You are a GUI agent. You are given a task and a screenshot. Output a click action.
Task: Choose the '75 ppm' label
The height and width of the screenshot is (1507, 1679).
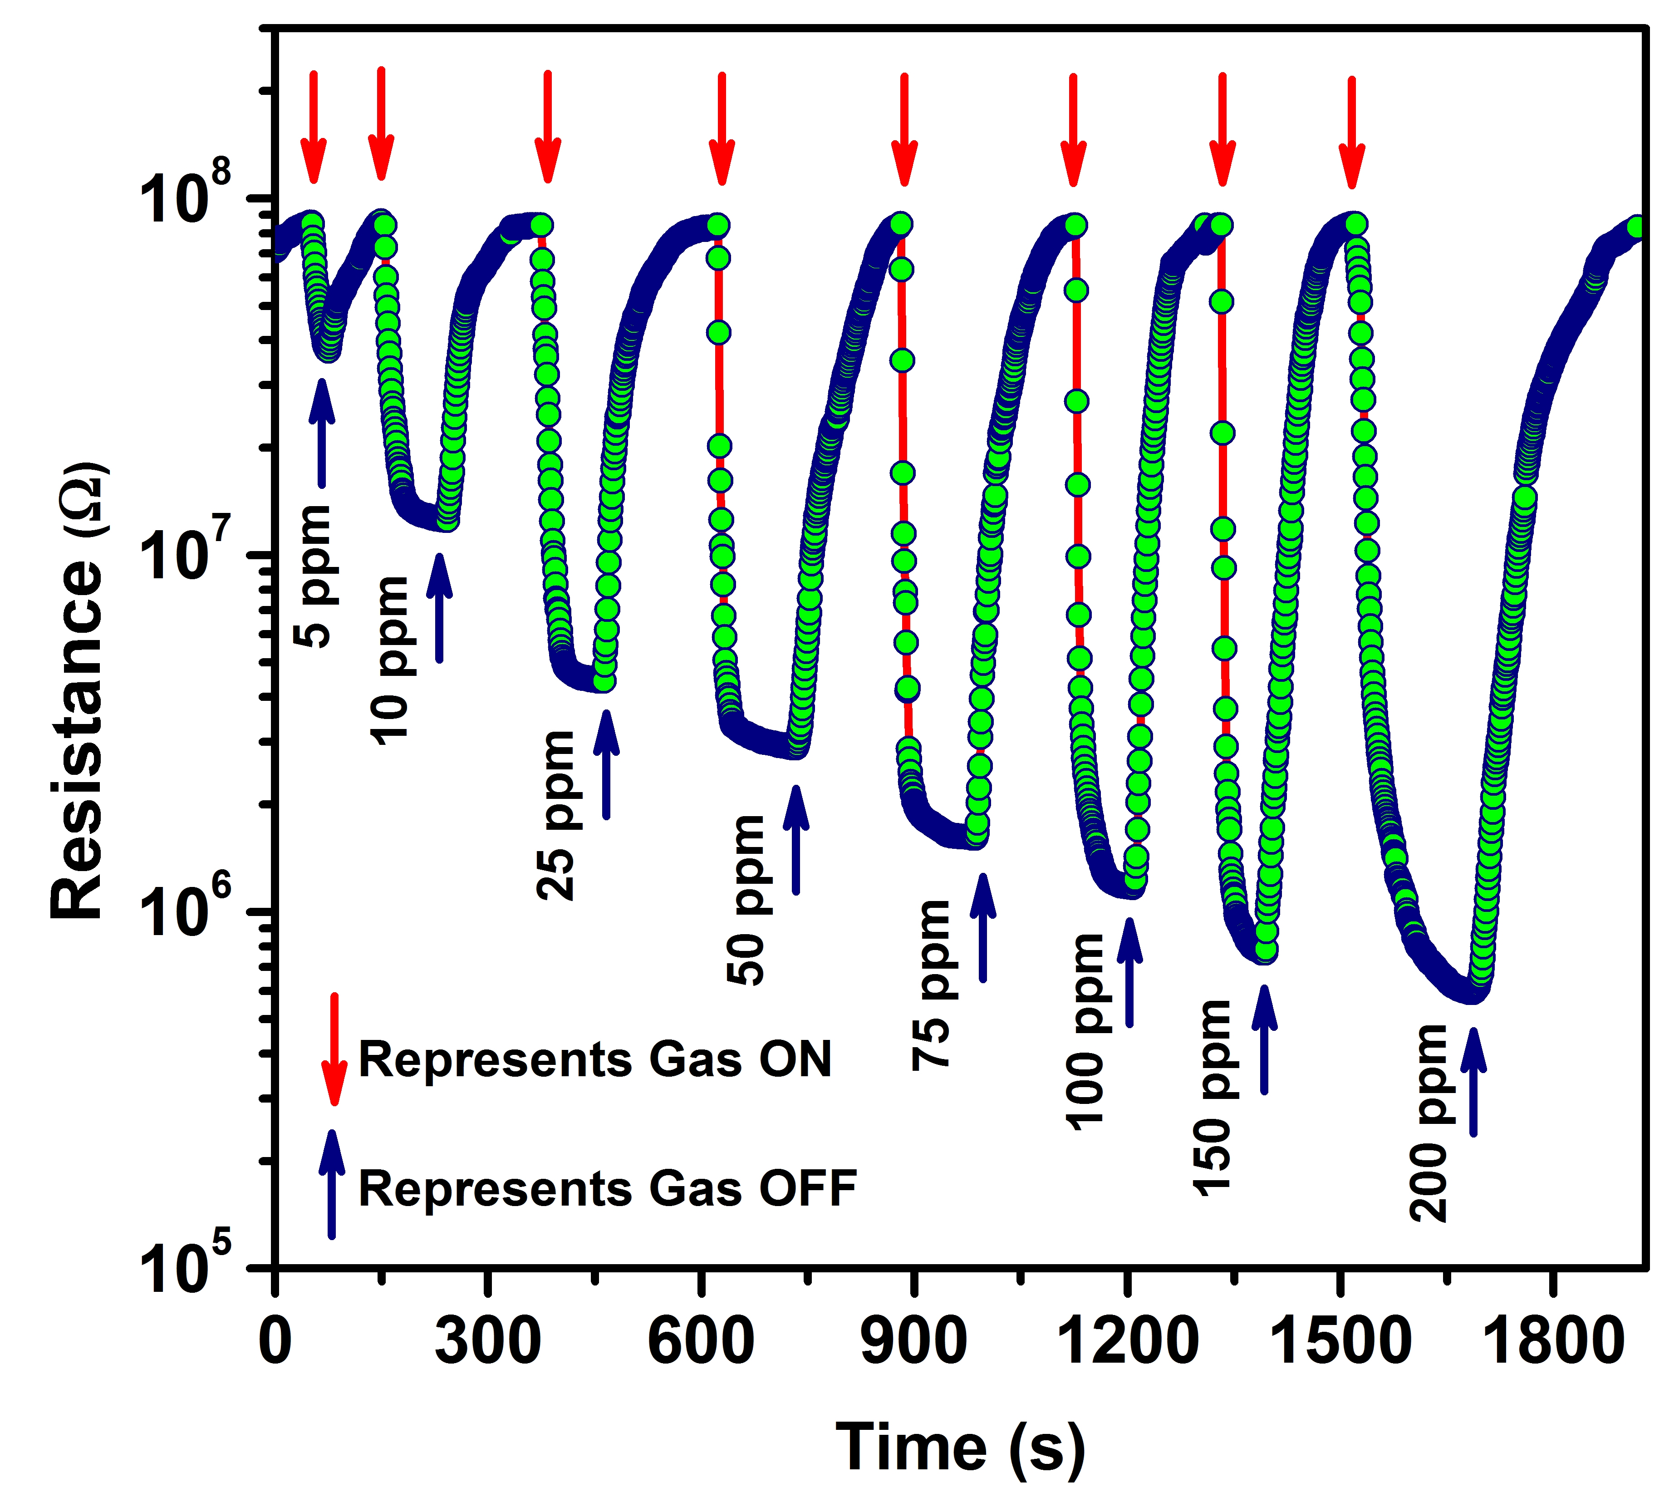932,985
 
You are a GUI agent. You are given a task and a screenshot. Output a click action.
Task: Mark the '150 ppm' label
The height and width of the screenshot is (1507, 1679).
1214,1098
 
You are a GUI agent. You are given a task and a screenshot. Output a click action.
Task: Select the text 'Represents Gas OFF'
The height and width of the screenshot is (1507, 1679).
607,1189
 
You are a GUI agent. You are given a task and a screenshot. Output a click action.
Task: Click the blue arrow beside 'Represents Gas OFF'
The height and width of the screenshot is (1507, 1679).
332,1184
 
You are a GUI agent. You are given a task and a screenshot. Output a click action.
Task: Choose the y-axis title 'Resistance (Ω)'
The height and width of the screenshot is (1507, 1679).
79,691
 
